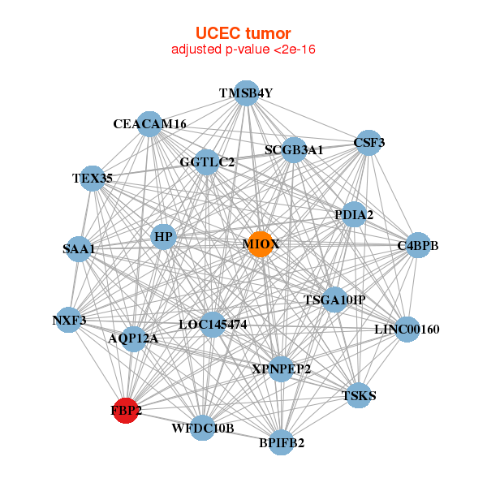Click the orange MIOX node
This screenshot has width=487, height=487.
click(x=259, y=244)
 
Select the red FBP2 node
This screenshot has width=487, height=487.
click(x=126, y=411)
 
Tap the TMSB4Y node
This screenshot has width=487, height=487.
click(x=246, y=93)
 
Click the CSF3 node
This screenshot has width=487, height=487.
click(x=369, y=143)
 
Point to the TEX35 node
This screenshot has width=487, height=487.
click(x=93, y=178)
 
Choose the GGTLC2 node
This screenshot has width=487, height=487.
click(x=207, y=162)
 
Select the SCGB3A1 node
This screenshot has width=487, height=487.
click(x=294, y=150)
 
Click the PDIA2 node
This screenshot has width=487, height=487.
click(x=354, y=215)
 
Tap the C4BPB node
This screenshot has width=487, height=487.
click(x=417, y=245)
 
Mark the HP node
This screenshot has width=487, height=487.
click(x=164, y=237)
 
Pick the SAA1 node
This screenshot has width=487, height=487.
click(x=79, y=249)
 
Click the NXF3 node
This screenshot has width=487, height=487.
click(x=70, y=321)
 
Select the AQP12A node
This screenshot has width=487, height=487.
click(x=134, y=338)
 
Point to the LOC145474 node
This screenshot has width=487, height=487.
click(x=213, y=325)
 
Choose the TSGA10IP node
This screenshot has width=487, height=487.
click(x=334, y=300)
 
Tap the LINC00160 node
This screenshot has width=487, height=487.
click(x=407, y=330)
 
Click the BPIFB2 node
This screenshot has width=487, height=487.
click(x=282, y=442)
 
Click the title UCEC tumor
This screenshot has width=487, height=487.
click(x=243, y=33)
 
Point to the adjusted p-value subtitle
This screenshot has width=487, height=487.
click(x=243, y=50)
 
